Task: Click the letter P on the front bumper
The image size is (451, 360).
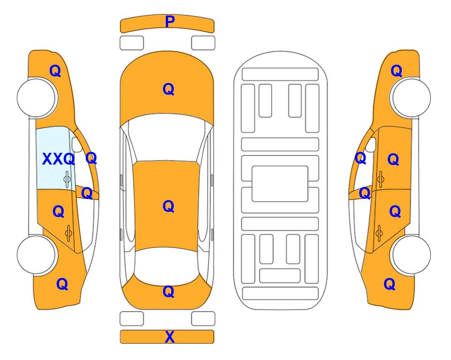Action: tap(170, 22)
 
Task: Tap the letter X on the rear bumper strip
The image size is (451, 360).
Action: tap(170, 337)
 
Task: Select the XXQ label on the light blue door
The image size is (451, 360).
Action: tap(59, 159)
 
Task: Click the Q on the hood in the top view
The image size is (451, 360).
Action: tap(169, 89)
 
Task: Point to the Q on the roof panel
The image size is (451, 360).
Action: tap(169, 206)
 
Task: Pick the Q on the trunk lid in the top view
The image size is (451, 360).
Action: tap(169, 292)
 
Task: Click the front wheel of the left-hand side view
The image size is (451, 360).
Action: tap(37, 98)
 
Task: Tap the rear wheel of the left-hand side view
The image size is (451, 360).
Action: tap(37, 255)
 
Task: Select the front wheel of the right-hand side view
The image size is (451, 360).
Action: tap(411, 98)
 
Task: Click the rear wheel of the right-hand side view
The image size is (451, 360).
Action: tap(411, 255)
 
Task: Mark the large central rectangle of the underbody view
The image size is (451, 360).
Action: tap(280, 184)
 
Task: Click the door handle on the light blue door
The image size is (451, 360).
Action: tap(67, 179)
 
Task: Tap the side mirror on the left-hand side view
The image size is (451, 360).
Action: tap(76, 144)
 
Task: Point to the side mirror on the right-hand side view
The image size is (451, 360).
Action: tap(371, 144)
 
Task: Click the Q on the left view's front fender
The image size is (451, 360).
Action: tap(55, 71)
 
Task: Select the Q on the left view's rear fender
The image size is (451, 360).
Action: tap(62, 284)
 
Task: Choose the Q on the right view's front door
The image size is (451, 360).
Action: tap(393, 159)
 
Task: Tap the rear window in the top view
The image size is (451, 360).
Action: tap(167, 266)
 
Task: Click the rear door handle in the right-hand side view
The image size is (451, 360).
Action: tap(379, 233)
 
